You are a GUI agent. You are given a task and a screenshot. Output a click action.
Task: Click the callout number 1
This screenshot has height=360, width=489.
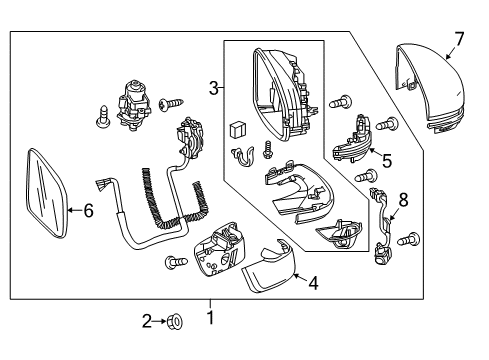[210, 317]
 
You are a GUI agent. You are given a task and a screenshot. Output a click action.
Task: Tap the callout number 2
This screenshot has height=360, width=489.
[147, 321]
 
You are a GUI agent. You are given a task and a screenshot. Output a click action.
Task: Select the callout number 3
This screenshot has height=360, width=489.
[214, 88]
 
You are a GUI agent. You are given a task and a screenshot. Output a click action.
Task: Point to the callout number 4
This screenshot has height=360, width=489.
[313, 283]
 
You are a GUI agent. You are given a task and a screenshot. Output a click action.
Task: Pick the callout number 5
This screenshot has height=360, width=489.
[387, 161]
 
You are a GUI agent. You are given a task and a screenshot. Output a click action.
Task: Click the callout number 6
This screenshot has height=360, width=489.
[88, 210]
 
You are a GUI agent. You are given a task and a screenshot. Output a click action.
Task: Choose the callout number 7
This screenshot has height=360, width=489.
[459, 39]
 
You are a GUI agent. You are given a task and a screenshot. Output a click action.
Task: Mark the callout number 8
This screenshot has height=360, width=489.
[403, 200]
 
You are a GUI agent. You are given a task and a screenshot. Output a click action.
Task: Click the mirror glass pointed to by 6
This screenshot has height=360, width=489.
[47, 193]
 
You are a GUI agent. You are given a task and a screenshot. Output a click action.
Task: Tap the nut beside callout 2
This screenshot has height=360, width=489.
[176, 322]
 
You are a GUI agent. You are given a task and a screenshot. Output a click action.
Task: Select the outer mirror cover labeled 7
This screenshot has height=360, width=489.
[430, 88]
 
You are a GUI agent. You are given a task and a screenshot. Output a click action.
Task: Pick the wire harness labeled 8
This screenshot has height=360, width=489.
[383, 226]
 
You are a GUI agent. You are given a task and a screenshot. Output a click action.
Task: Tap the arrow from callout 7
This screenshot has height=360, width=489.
[451, 53]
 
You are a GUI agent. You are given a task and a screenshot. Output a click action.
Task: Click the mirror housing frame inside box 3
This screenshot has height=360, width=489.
[283, 95]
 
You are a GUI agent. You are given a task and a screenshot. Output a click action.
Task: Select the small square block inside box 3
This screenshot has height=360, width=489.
[237, 130]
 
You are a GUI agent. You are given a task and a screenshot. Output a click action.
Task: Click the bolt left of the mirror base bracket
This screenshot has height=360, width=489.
[176, 262]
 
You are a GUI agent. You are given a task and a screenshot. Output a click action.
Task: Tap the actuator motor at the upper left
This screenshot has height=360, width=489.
[133, 102]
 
